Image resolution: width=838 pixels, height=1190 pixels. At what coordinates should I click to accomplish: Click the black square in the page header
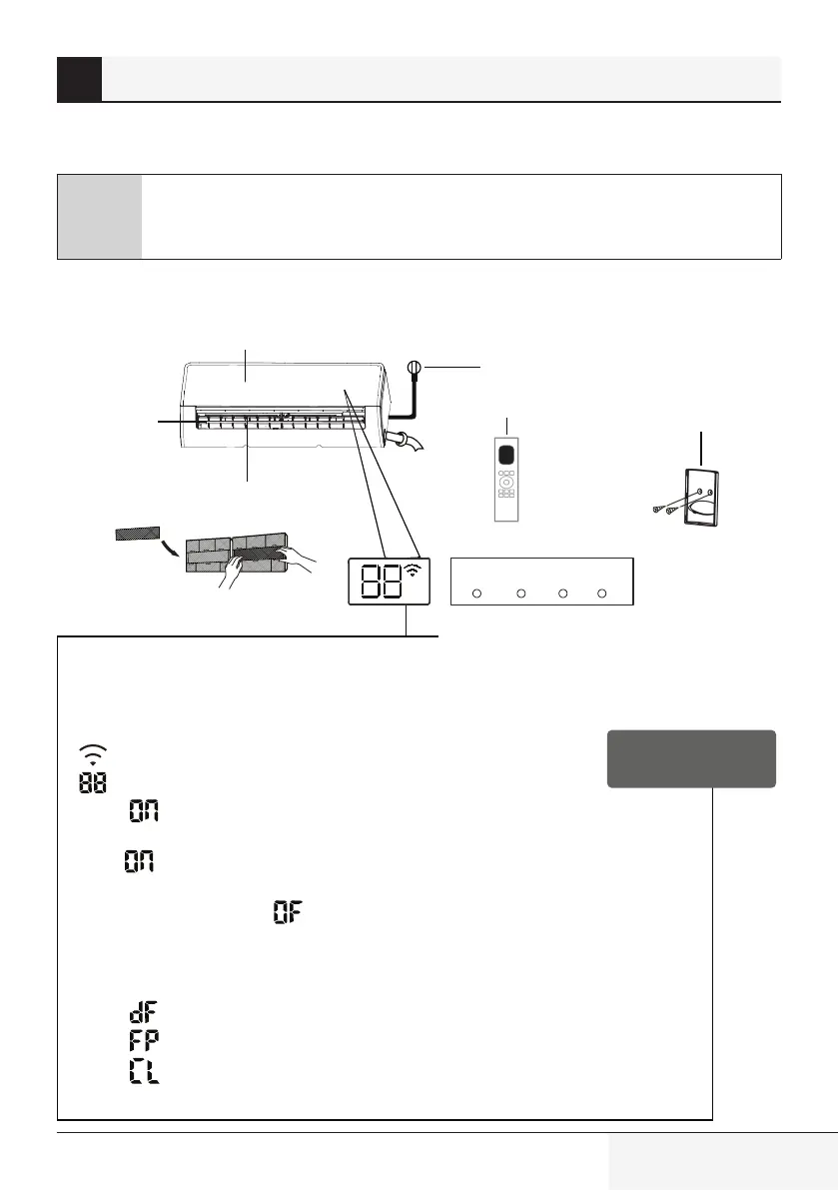pos(79,79)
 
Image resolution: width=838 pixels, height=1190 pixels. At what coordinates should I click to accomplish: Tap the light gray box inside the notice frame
pos(99,217)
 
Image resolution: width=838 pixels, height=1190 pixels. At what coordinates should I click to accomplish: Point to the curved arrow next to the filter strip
pos(173,547)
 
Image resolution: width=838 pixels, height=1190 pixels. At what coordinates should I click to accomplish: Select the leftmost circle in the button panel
pos(476,594)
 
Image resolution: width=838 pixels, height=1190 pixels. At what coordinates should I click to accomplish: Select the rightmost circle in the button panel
pos(601,594)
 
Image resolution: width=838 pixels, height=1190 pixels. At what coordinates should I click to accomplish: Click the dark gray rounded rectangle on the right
pos(690,758)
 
